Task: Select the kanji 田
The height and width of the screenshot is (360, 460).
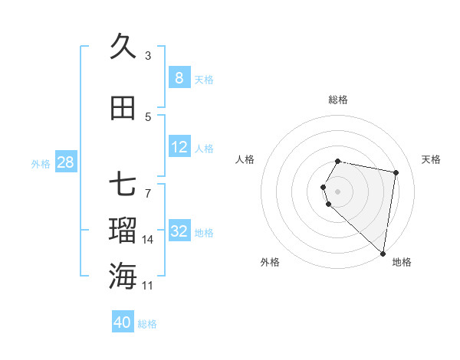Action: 123,108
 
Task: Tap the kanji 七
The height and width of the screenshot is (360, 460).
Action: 123,185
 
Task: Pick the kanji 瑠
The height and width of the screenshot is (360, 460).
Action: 123,229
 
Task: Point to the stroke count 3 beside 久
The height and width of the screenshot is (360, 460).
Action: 148,55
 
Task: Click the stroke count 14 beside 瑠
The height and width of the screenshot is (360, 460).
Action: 148,240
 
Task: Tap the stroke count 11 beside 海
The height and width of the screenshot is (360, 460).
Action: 148,286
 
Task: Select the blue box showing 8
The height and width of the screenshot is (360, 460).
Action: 179,78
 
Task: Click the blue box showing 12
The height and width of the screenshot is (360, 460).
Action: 179,147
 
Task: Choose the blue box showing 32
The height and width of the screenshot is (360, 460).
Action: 179,231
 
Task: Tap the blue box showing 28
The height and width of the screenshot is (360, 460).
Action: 65,162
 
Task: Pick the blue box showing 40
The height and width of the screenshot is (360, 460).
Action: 123,322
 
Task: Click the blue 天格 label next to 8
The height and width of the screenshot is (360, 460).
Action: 204,79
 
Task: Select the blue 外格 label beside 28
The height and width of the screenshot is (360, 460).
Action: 41,163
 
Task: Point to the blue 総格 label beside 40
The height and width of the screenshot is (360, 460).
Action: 147,324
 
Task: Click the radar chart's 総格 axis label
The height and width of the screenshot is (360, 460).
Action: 338,100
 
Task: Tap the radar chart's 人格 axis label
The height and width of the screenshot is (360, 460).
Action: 245,159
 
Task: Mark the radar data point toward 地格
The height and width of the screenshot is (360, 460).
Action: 383,253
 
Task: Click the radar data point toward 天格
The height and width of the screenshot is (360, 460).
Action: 396,172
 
